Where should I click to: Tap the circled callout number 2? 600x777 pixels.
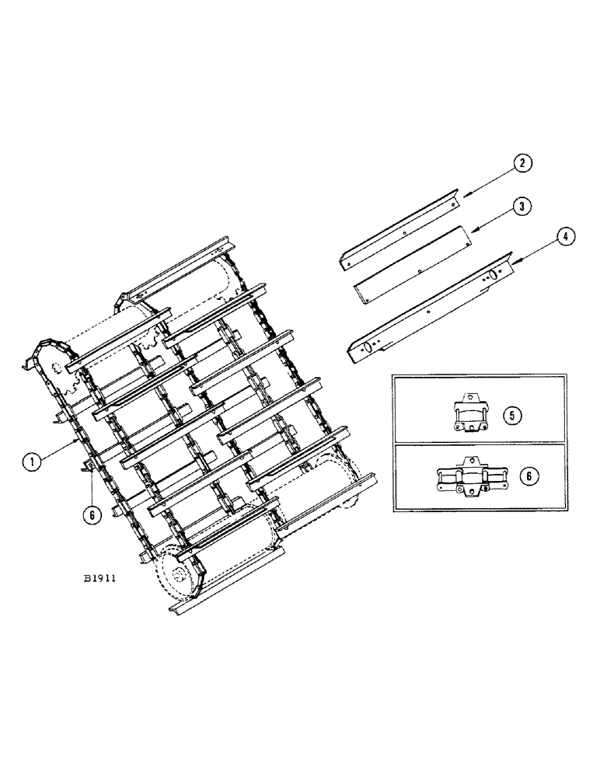pos(524,163)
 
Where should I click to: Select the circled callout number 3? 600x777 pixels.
pos(524,207)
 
